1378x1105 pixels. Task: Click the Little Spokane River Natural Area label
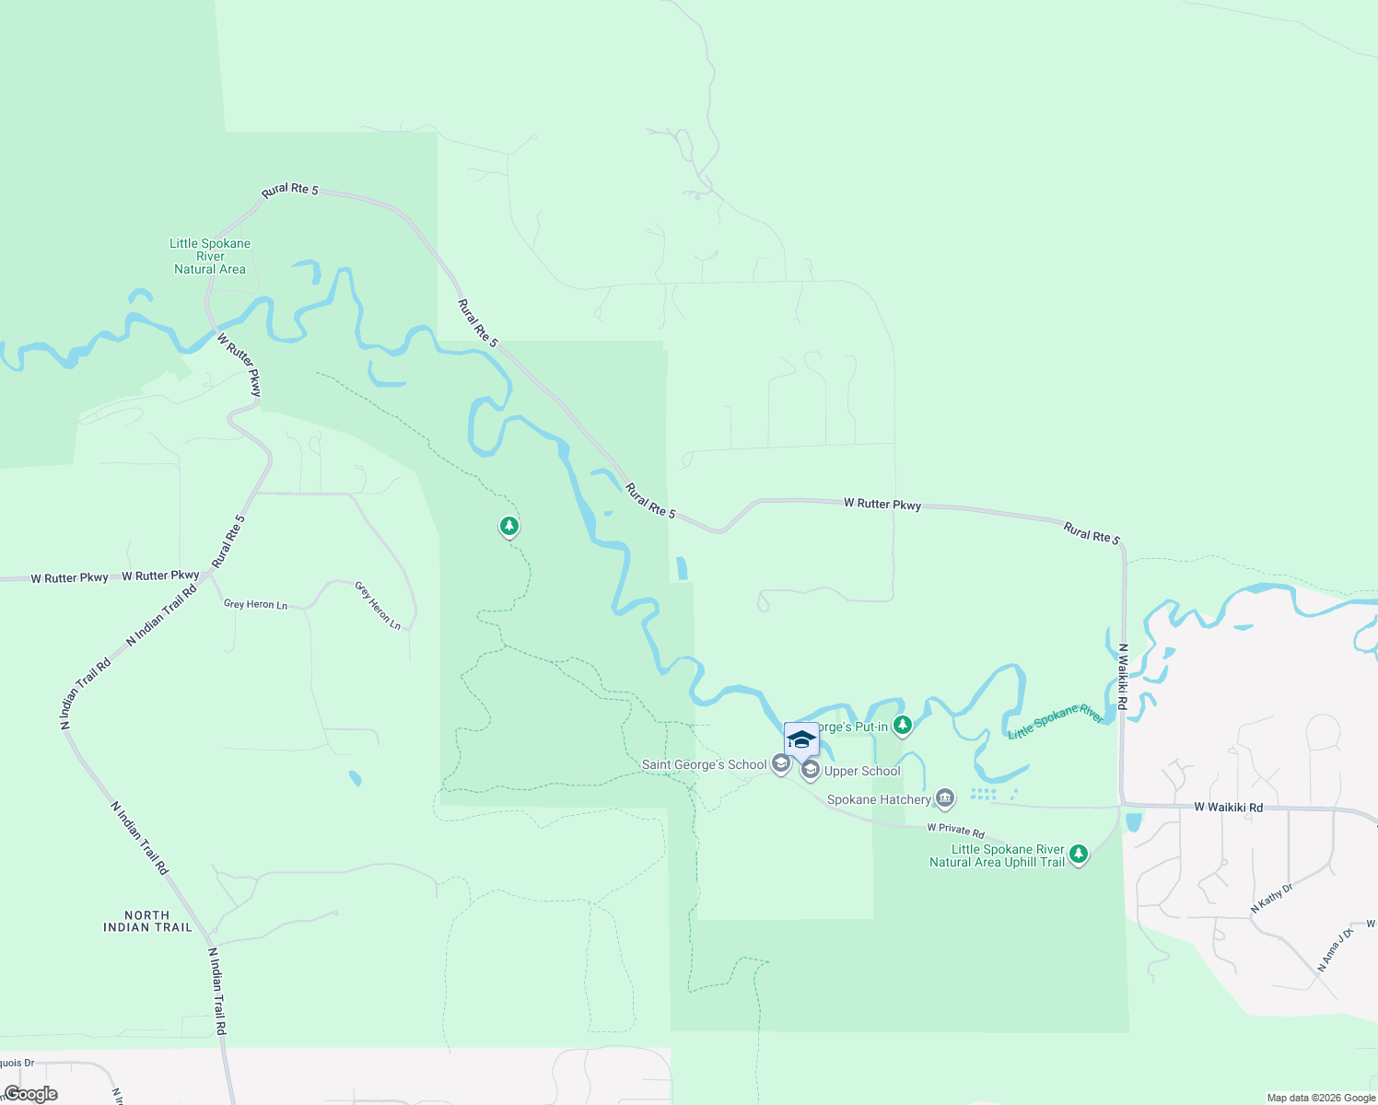click(210, 256)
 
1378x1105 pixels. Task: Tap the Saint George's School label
click(704, 764)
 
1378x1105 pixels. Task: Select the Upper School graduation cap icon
click(811, 771)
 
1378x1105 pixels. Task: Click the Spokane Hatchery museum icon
click(945, 798)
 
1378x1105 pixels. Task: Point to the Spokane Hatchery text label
click(878, 799)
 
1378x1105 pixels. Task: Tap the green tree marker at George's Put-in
click(903, 726)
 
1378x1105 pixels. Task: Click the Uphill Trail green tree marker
click(1079, 855)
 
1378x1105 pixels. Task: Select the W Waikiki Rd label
click(1228, 808)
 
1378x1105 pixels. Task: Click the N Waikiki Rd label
click(1123, 676)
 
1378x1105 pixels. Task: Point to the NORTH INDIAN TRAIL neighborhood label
click(147, 922)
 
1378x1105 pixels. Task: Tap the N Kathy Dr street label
click(1271, 899)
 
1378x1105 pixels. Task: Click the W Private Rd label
click(955, 831)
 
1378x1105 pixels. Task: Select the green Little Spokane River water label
click(1055, 722)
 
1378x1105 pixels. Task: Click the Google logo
click(31, 1094)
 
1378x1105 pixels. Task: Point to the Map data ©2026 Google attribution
click(1320, 1098)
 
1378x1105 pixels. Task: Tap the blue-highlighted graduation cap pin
click(801, 739)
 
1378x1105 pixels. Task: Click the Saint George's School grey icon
click(781, 763)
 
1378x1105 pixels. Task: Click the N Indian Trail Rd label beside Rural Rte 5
click(161, 615)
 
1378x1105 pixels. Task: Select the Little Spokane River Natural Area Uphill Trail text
click(998, 855)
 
